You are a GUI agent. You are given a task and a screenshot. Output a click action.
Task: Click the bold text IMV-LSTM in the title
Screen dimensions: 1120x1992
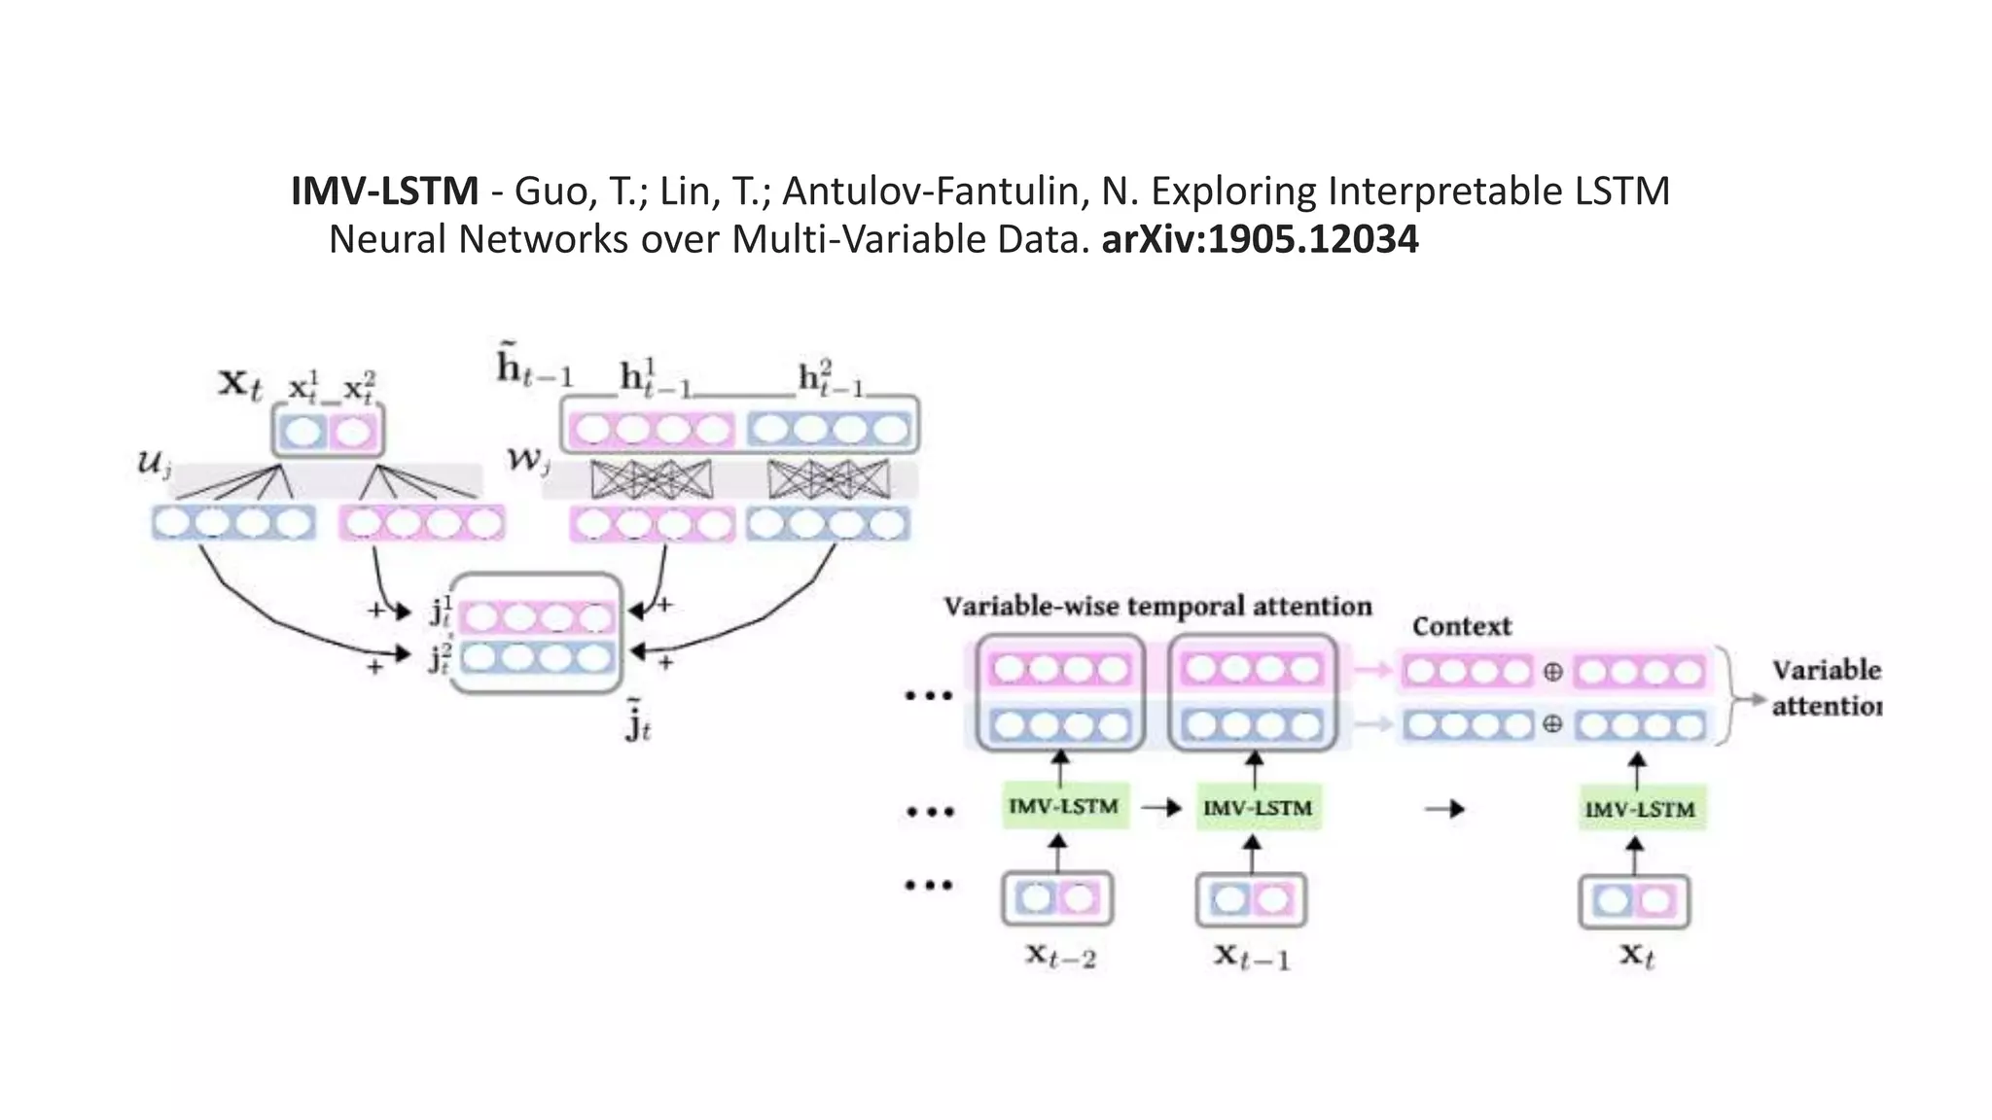(x=384, y=192)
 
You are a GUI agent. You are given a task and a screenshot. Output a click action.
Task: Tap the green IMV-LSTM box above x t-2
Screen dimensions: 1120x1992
(x=1064, y=806)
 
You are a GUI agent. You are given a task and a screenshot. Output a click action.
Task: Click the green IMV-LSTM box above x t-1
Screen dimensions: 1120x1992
(x=1258, y=808)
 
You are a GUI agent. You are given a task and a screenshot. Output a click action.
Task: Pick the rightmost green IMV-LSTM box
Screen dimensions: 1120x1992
(x=1640, y=809)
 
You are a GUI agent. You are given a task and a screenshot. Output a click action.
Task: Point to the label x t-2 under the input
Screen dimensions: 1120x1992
(x=1060, y=957)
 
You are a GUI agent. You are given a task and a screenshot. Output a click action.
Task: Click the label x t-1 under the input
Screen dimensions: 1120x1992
(x=1253, y=957)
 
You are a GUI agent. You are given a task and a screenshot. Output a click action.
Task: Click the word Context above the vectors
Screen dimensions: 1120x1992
(x=1462, y=627)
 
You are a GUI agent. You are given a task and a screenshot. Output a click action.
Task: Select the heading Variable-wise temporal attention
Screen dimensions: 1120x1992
(x=1157, y=607)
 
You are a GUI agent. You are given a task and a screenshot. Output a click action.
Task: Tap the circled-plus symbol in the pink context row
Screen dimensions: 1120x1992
(x=1552, y=672)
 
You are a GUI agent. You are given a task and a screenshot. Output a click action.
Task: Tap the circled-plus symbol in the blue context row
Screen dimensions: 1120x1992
(x=1552, y=724)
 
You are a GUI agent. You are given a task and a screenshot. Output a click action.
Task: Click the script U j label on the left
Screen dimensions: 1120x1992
(x=154, y=464)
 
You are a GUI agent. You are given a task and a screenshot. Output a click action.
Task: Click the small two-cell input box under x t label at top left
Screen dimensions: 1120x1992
(x=328, y=431)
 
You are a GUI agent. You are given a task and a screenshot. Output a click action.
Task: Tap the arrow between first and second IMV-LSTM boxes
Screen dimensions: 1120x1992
(x=1161, y=807)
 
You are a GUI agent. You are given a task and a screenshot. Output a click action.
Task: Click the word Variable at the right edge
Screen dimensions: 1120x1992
(x=1826, y=671)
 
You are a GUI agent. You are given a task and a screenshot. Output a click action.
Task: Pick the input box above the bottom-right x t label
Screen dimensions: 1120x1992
(x=1634, y=901)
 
